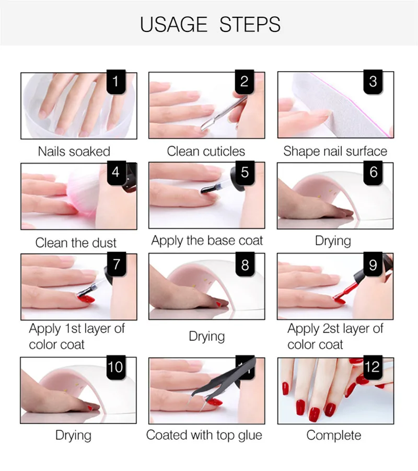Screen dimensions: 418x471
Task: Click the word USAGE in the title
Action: coord(173,25)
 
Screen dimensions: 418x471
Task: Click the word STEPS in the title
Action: coord(250,25)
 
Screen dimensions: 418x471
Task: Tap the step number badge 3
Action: coord(373,82)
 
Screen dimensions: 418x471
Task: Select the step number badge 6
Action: coord(373,173)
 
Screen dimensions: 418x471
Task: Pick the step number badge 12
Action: coord(373,367)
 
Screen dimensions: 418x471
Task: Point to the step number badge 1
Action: coord(116,82)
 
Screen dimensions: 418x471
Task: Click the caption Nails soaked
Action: coord(74,152)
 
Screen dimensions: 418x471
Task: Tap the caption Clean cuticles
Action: coord(206,151)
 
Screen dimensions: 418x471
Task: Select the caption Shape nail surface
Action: coord(335,152)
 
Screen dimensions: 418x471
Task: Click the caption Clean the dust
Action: coord(76,243)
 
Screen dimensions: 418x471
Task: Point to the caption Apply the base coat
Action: coord(207,241)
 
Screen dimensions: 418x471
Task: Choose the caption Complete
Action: coord(334,435)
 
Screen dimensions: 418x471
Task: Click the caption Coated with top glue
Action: coord(204,435)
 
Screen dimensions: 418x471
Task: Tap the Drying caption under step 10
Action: coord(74,435)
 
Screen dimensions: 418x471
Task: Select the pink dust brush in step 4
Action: coord(84,192)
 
